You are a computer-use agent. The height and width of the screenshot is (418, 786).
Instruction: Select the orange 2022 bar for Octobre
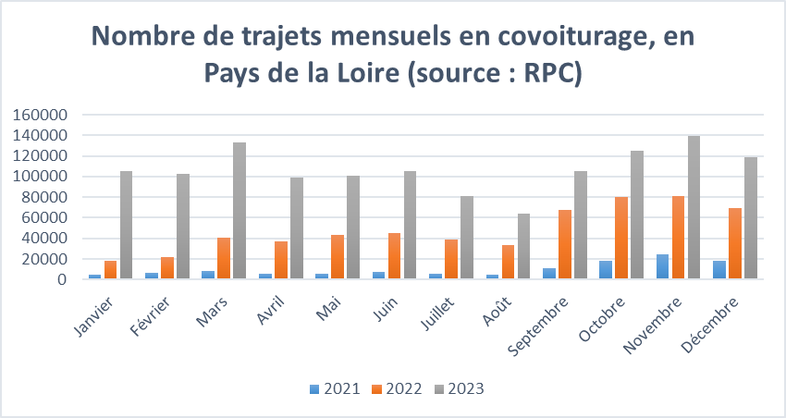pos(620,238)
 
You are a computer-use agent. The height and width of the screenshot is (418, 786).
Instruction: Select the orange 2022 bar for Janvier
pos(110,269)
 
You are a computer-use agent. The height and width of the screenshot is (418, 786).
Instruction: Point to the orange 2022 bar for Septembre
pos(564,244)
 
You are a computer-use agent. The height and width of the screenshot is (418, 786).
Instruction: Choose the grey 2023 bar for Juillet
pos(467,238)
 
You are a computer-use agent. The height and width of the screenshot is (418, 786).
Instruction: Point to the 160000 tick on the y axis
pos(41,116)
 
